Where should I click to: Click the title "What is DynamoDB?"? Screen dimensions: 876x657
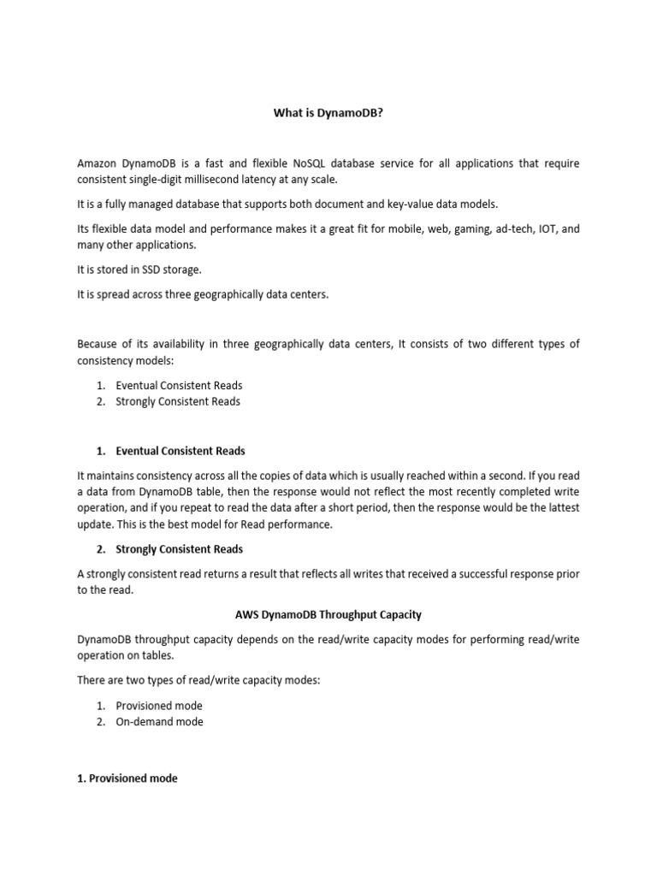pos(328,112)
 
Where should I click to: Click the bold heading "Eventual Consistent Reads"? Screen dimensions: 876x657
pos(181,451)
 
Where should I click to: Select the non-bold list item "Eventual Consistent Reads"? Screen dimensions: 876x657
pos(179,386)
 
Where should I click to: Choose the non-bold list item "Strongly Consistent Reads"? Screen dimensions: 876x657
pos(178,401)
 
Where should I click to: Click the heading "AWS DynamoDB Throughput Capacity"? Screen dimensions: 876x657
pos(328,615)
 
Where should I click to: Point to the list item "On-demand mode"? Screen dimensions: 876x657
pos(159,722)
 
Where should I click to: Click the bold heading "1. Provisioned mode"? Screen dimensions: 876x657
pos(127,778)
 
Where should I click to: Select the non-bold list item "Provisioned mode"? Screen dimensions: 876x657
pos(159,706)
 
